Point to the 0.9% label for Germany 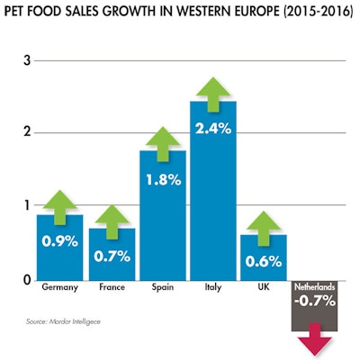pyautogui.click(x=60, y=240)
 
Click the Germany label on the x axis pyautogui.click(x=60, y=289)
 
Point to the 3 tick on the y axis pyautogui.click(x=27, y=60)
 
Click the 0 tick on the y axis pyautogui.click(x=27, y=280)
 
